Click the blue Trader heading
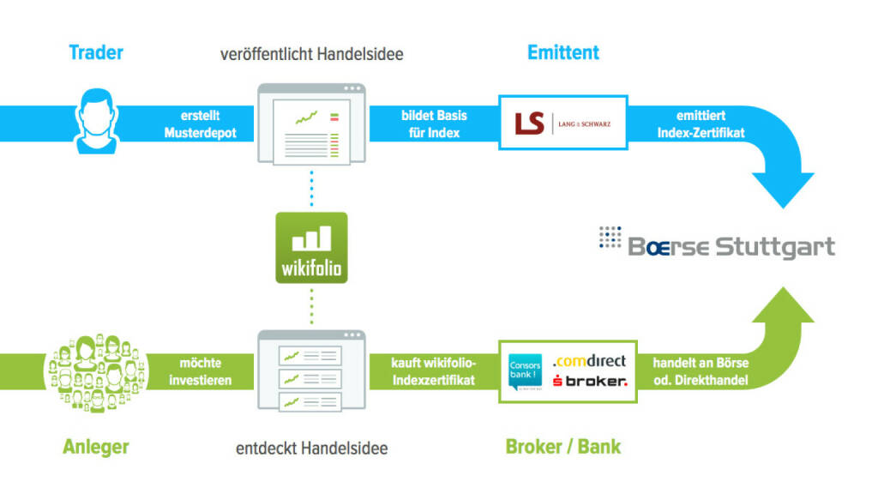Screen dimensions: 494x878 point(96,52)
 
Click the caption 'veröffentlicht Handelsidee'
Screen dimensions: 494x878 point(311,54)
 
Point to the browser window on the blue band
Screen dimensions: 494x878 point(311,123)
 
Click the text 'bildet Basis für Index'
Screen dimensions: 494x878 point(430,124)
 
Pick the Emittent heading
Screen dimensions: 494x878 point(563,52)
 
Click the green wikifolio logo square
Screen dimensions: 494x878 point(311,248)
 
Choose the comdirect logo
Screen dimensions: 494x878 point(589,361)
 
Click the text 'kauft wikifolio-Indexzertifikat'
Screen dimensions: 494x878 point(432,371)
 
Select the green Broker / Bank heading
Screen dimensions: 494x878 point(563,446)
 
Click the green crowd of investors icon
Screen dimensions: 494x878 point(95,370)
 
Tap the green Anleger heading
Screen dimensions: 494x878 point(96,446)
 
